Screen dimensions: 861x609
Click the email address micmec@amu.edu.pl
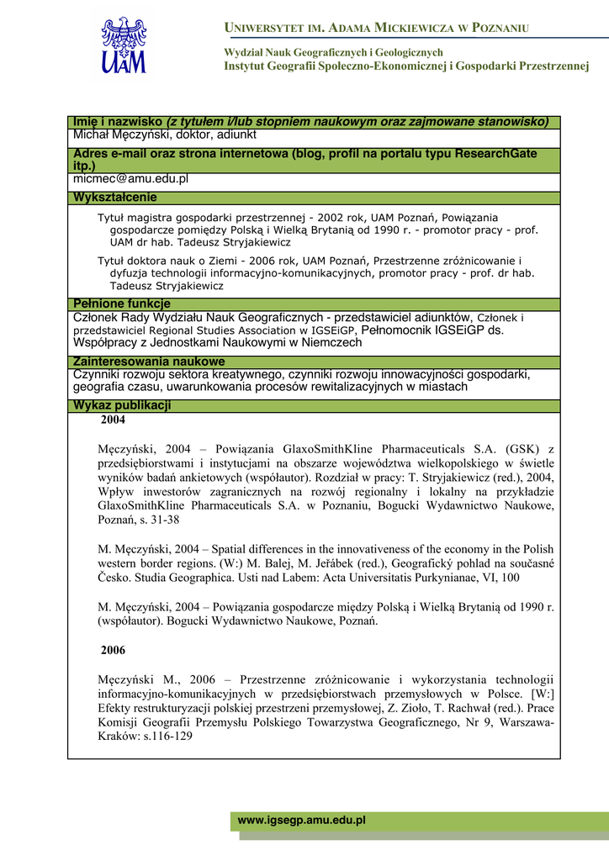click(130, 179)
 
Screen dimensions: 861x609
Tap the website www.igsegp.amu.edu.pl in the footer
click(302, 820)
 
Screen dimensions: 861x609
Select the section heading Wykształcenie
click(115, 198)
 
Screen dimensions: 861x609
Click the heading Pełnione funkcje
click(122, 304)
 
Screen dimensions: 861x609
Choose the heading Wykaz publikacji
click(123, 405)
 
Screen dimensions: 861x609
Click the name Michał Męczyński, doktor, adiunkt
click(165, 135)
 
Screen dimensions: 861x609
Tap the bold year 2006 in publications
click(113, 651)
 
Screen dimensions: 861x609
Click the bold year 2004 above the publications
click(113, 420)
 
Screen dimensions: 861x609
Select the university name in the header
click(376, 29)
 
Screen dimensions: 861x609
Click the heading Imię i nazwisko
click(118, 122)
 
